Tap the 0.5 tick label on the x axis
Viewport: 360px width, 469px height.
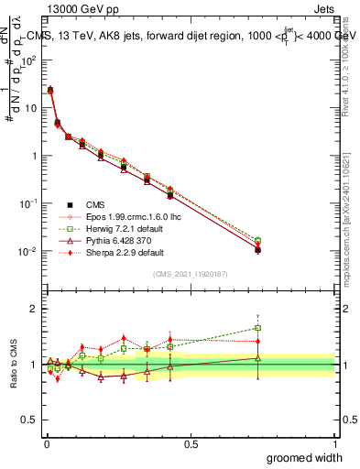(190, 443)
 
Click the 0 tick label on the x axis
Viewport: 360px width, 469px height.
(46, 443)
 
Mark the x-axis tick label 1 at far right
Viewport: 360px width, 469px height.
(333, 443)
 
